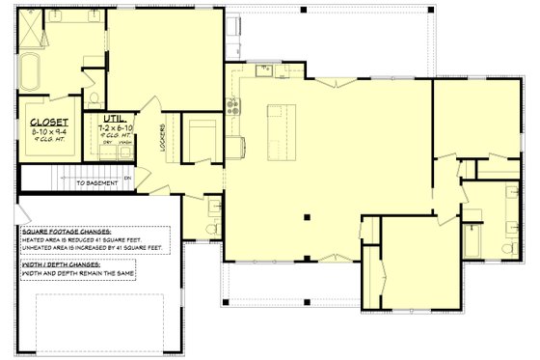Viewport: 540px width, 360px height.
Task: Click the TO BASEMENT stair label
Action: tap(97, 181)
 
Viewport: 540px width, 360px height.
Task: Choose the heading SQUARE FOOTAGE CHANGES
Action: tap(66, 234)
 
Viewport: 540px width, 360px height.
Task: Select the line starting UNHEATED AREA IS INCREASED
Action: tap(93, 249)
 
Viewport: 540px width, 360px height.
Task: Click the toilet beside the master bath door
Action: tap(93, 97)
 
